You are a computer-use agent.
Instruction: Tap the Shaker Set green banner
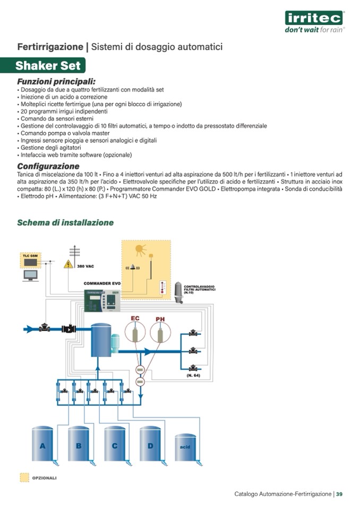pyautogui.click(x=48, y=66)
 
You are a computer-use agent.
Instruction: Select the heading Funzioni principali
pyautogui.click(x=56, y=82)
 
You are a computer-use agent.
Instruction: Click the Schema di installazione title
pyautogui.click(x=65, y=222)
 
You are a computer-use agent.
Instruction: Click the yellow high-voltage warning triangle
pyautogui.click(x=68, y=264)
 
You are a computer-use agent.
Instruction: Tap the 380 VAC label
pyautogui.click(x=85, y=266)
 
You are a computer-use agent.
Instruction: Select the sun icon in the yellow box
pyautogui.click(x=140, y=249)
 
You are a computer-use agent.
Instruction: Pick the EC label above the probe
pyautogui.click(x=135, y=318)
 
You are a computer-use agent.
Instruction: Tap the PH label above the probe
pyautogui.click(x=160, y=319)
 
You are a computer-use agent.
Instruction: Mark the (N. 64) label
pyautogui.click(x=193, y=376)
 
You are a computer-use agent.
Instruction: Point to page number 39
pyautogui.click(x=339, y=494)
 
